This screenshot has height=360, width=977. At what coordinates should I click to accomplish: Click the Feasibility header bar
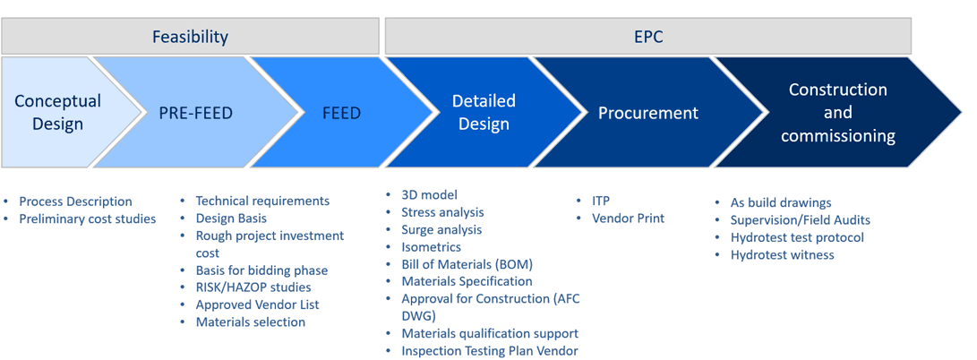[x=190, y=37]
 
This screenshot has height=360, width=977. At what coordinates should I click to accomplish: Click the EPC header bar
[x=647, y=37]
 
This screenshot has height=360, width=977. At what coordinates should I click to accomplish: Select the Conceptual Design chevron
[x=58, y=112]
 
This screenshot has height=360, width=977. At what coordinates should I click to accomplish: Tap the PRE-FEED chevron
[x=195, y=113]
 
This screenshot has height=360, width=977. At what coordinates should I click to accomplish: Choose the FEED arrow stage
[x=341, y=113]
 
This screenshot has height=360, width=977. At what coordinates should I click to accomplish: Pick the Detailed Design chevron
[x=484, y=112]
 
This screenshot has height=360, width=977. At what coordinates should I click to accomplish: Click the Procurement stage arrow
[x=647, y=113]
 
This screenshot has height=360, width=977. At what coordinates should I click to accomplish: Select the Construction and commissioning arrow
[x=837, y=113]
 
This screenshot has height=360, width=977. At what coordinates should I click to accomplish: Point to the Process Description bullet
[x=75, y=201]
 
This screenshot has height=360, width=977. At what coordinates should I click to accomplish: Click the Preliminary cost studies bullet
[x=87, y=219]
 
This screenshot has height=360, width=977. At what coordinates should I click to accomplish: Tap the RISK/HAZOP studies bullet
[x=253, y=287]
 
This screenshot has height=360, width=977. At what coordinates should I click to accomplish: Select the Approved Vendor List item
[x=257, y=304]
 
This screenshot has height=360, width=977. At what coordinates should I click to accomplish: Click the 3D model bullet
[x=429, y=194]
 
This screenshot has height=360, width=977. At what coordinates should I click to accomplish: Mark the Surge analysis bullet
[x=441, y=229]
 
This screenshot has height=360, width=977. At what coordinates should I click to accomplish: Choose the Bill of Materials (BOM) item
[x=467, y=264]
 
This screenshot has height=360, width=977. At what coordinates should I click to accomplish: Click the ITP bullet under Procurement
[x=601, y=201]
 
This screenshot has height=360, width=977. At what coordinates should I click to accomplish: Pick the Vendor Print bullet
[x=628, y=219]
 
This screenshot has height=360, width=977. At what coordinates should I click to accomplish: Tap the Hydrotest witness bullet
[x=782, y=254]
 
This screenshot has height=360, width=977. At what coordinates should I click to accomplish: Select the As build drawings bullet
[x=781, y=202]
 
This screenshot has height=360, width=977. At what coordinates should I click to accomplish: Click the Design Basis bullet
[x=231, y=218]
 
